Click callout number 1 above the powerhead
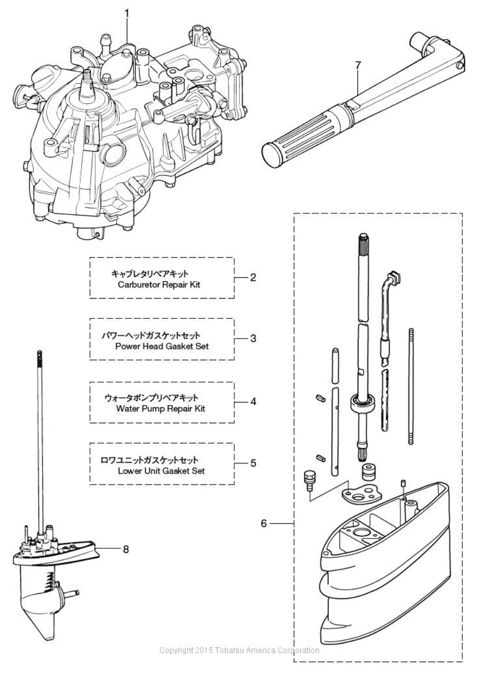[127, 14]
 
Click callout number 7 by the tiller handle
[357, 65]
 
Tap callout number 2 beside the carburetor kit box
[253, 277]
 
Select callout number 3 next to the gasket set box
[253, 339]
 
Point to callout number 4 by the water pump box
[253, 402]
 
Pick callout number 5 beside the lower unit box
[253, 463]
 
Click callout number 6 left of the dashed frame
[264, 523]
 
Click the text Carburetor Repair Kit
[159, 285]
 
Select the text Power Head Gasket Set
[162, 346]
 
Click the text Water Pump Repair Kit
[161, 409]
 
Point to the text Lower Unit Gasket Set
[162, 471]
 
